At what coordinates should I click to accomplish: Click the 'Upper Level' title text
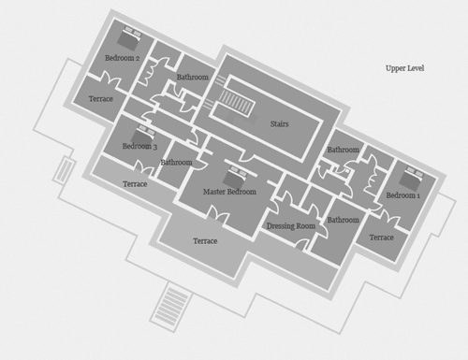(x=404, y=68)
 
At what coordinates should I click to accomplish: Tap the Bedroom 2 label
(x=122, y=58)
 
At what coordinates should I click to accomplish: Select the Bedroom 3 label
(x=139, y=146)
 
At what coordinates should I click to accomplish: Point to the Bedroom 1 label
(x=402, y=195)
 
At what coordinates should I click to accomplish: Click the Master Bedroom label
(x=229, y=192)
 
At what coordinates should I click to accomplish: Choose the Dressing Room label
(x=291, y=226)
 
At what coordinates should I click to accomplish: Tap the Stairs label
(x=279, y=123)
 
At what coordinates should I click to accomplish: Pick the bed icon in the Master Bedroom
(x=236, y=177)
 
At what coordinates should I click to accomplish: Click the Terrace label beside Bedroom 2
(x=100, y=99)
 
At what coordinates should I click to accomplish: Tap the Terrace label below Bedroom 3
(x=135, y=184)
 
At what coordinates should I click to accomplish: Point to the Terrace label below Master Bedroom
(x=205, y=241)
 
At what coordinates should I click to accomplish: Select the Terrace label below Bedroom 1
(x=381, y=238)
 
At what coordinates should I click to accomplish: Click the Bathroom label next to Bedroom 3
(x=176, y=163)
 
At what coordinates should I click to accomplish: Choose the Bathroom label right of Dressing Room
(x=343, y=220)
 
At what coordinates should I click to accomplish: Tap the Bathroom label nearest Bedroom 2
(x=193, y=77)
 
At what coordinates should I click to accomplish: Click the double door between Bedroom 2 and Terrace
(x=110, y=79)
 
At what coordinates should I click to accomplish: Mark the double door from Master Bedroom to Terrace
(x=218, y=215)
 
